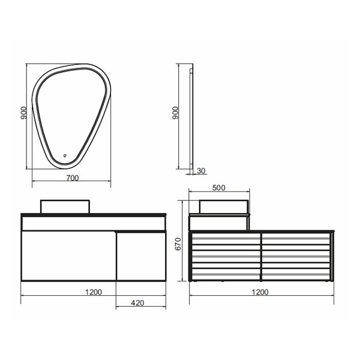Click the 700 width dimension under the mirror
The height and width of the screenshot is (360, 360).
[x=73, y=178]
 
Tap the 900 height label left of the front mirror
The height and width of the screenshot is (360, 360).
[x=23, y=113]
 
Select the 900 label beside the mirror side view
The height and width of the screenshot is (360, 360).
[x=175, y=113]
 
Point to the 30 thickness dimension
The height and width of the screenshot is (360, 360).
[x=201, y=171]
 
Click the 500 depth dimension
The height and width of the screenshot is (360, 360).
[x=218, y=188]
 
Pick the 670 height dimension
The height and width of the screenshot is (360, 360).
[x=178, y=244]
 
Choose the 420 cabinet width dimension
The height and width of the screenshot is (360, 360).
[x=137, y=303]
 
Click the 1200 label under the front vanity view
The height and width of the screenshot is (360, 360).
[x=94, y=292]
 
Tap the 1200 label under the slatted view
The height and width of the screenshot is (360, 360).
[x=260, y=292]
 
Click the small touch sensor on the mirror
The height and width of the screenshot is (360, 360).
[x=65, y=155]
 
